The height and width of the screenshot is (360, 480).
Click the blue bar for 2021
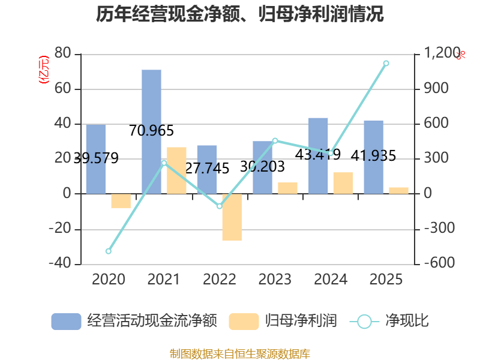point(151,131)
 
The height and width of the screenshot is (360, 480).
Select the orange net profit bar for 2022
point(232,217)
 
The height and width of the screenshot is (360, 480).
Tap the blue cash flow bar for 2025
point(373,157)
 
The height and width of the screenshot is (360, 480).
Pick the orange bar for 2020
point(121,201)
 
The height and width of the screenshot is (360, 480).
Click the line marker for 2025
point(386,64)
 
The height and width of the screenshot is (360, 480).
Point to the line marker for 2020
point(109,251)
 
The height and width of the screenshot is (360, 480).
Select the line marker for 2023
point(275,141)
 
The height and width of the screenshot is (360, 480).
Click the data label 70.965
point(151,131)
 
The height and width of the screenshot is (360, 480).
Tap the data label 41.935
point(373,156)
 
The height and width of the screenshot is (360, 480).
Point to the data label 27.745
point(207,169)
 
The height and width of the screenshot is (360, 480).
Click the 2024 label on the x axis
point(331,279)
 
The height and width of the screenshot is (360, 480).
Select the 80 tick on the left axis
point(63,53)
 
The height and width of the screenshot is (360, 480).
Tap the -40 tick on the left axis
point(60,263)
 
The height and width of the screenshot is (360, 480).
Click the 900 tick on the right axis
point(436,88)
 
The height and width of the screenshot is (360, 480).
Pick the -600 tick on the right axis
point(439,263)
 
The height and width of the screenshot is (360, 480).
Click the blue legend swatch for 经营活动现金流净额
point(66,322)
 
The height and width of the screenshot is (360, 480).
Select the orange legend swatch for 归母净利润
point(244,322)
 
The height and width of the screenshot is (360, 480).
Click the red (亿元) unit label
point(44,70)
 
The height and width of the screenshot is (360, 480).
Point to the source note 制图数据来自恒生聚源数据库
point(240,354)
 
